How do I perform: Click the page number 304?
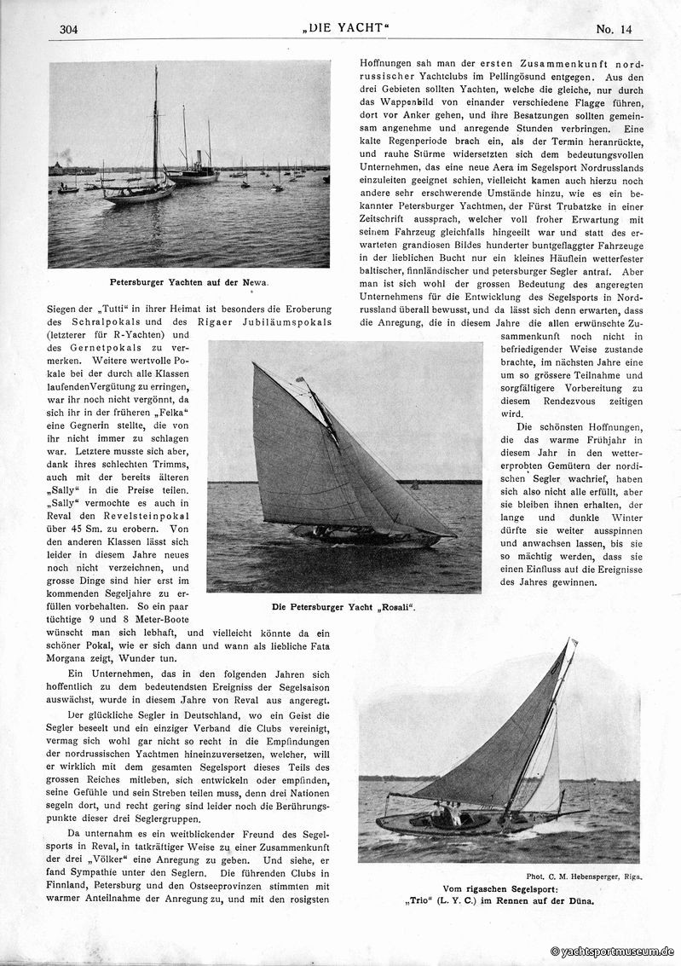pyautogui.click(x=69, y=30)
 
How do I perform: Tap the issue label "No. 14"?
pyautogui.click(x=614, y=29)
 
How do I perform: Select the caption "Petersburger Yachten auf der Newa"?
pyautogui.click(x=188, y=281)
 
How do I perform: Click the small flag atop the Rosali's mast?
pyautogui.click(x=300, y=379)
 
